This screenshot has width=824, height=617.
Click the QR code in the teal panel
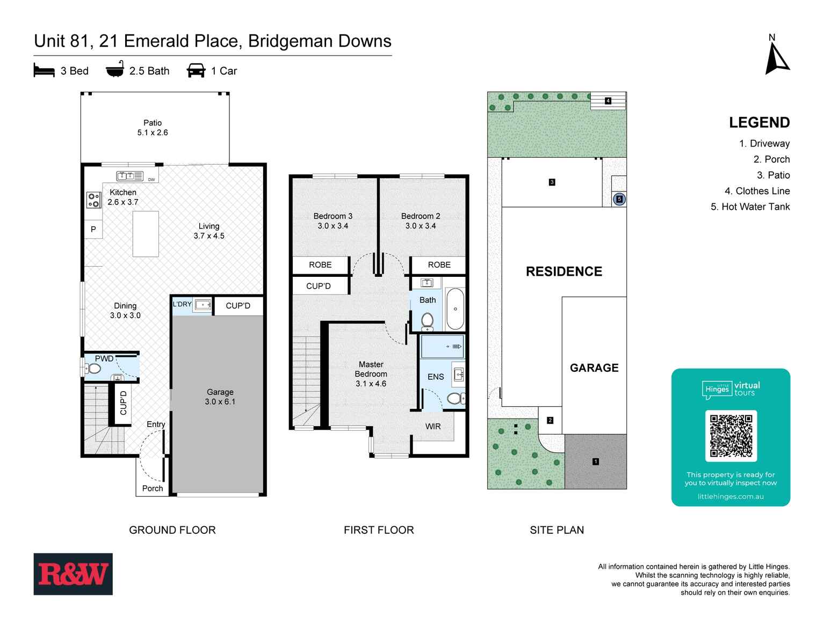[x=731, y=436]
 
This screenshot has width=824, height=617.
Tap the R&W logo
[x=73, y=574]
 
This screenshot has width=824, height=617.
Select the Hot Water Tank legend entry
[x=750, y=207]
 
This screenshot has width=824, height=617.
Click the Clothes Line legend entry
[x=757, y=191]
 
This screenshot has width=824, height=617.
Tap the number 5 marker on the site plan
[x=619, y=199]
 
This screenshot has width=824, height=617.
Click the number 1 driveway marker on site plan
[x=595, y=461]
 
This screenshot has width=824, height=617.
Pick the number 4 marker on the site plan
[x=608, y=101]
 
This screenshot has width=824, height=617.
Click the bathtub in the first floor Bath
[x=455, y=309]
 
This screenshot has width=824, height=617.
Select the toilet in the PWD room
[x=93, y=369]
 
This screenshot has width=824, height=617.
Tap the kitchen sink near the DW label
[x=129, y=175]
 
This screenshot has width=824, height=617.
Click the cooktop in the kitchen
[x=94, y=200]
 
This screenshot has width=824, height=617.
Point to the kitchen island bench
[x=146, y=234]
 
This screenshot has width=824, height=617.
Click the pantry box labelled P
[x=93, y=229]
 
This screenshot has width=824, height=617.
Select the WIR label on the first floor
[x=432, y=427]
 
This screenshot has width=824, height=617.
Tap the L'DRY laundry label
[x=182, y=304]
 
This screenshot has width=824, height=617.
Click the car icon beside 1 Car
[x=196, y=71]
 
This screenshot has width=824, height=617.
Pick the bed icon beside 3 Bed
[x=44, y=71]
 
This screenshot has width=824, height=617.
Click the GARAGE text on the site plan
[x=594, y=368]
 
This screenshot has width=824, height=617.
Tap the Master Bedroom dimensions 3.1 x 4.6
[x=371, y=384]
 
